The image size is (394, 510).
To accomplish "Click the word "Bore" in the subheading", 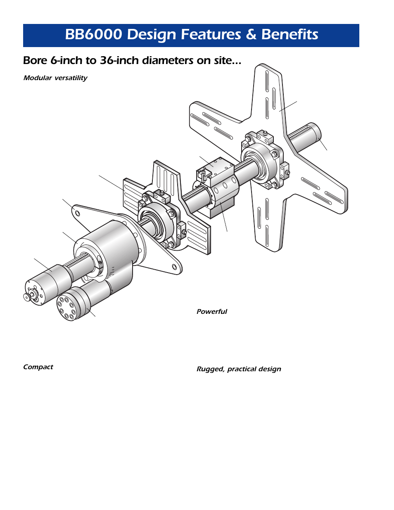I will [x=35, y=61].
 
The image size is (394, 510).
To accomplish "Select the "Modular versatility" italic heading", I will [x=55, y=78].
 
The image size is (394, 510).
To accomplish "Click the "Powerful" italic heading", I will [x=211, y=312].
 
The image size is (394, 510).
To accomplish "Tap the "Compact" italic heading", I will [x=38, y=367].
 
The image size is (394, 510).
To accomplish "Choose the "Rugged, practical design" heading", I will [x=239, y=369].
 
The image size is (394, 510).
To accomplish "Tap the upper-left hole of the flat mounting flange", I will [x=77, y=213].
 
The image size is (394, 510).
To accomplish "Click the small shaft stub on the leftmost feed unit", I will [x=27, y=296].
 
